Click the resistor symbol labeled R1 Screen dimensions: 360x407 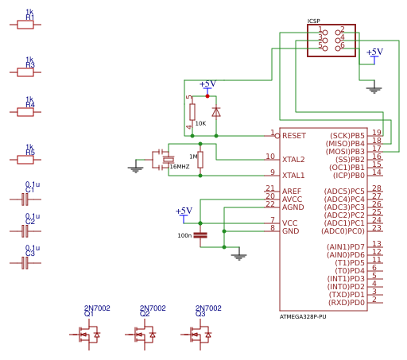coord(25,25)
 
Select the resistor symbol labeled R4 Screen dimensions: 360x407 coord(25,112)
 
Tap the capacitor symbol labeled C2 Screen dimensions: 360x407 coord(25,230)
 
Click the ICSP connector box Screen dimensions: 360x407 coord(331,40)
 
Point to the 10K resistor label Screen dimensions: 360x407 coord(200,124)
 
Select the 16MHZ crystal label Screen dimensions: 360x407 coord(180,167)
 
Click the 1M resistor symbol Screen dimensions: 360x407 coord(200,159)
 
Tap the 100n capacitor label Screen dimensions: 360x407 coord(184,235)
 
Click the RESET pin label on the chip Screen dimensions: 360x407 coord(293,136)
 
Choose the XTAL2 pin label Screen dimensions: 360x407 coord(293,160)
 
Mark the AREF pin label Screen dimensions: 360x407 coord(292,192)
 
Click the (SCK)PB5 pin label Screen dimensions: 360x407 coord(347,136)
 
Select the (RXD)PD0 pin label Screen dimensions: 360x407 coord(346,303)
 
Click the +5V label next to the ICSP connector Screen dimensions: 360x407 coord(374,52)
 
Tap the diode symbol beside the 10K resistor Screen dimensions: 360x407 coord(216,112)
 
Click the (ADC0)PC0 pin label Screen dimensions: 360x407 coord(343,231)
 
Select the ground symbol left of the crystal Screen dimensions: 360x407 coord(136,168)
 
